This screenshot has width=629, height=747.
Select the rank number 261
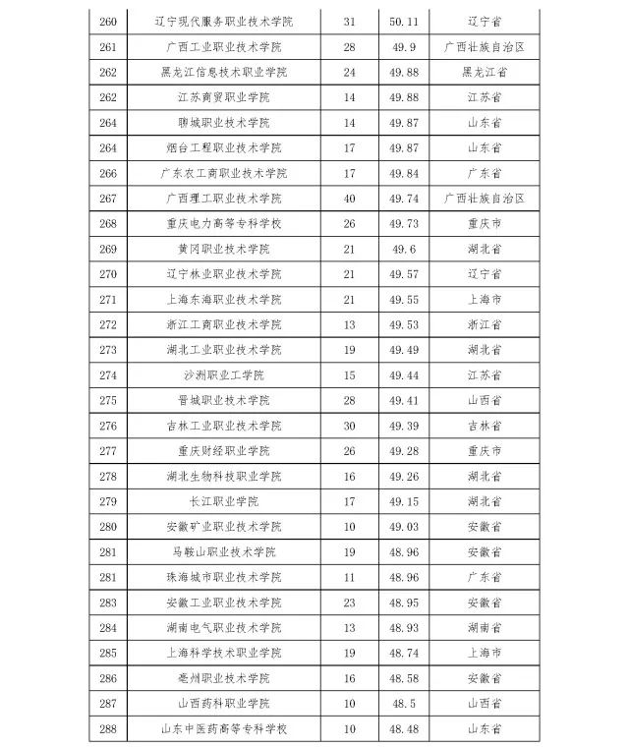(108, 46)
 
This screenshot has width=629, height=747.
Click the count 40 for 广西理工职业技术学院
(350, 198)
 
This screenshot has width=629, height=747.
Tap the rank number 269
(108, 249)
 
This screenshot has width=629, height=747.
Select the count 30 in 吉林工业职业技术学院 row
(350, 426)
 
